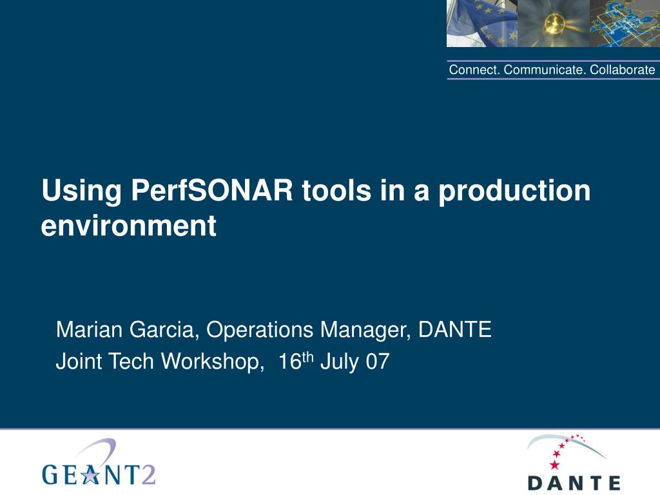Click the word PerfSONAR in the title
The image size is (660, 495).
click(x=211, y=190)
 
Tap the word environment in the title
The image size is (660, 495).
click(x=129, y=225)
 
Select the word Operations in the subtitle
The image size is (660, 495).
click(x=260, y=330)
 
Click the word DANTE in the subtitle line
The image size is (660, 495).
click(x=455, y=329)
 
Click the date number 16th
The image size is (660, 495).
click(x=296, y=361)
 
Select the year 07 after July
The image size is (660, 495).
click(x=378, y=362)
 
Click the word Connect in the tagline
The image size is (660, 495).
click(x=475, y=70)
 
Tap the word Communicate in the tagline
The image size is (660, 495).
click(x=545, y=70)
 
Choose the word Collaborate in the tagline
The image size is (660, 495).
click(x=622, y=70)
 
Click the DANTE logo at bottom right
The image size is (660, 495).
click(x=574, y=462)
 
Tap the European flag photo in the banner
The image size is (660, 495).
click(x=482, y=23)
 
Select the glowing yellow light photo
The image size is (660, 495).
click(x=554, y=23)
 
